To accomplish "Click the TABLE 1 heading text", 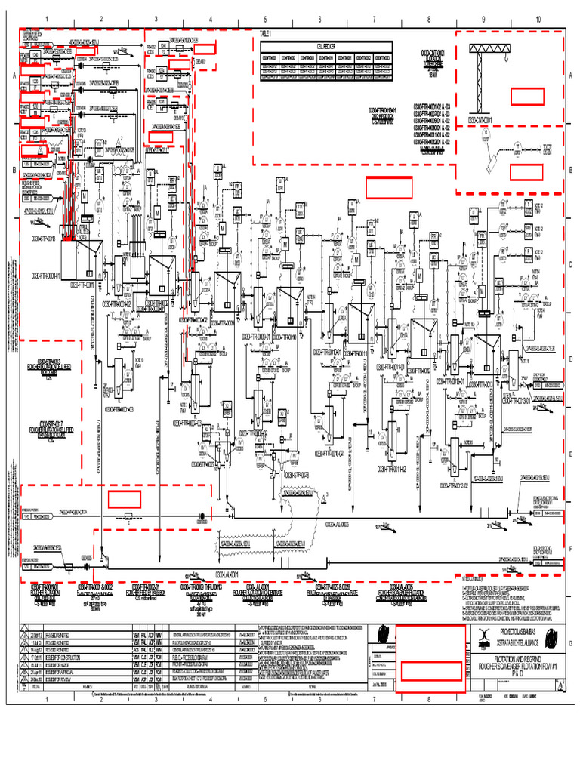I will tap(265, 34).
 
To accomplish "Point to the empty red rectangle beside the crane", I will tap(527, 97).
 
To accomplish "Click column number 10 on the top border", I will tap(538, 19).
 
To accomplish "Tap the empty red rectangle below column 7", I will tap(389, 187).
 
